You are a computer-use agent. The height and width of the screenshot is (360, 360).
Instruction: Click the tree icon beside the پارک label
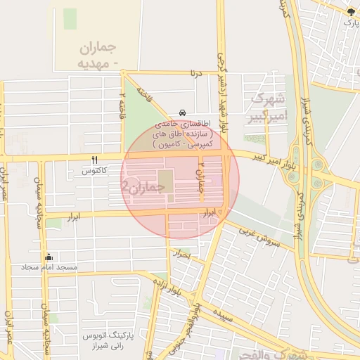coord(351,11)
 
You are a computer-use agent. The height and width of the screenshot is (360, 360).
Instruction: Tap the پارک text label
coord(350,22)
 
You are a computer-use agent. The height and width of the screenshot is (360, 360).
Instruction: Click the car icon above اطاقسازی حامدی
coord(183,112)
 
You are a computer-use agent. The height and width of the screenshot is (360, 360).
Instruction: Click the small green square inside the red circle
coord(164,177)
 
